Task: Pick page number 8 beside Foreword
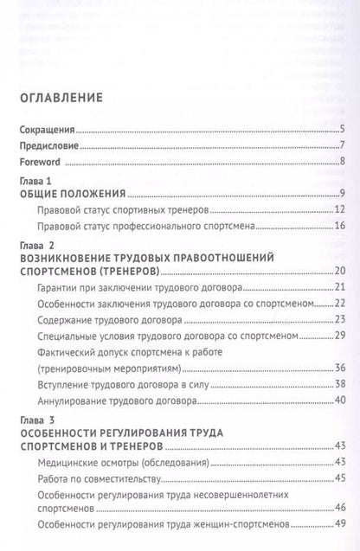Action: (343, 161)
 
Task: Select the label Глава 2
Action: (34, 245)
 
